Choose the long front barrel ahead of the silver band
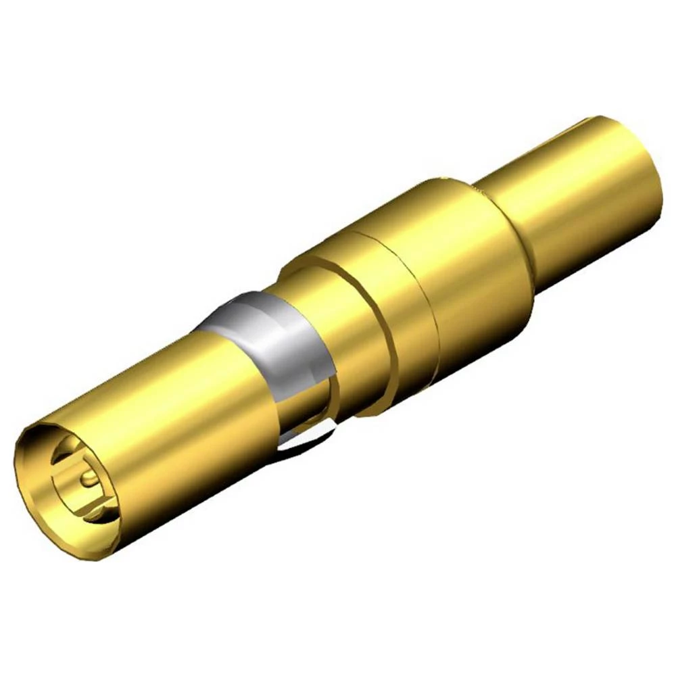click(169, 406)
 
